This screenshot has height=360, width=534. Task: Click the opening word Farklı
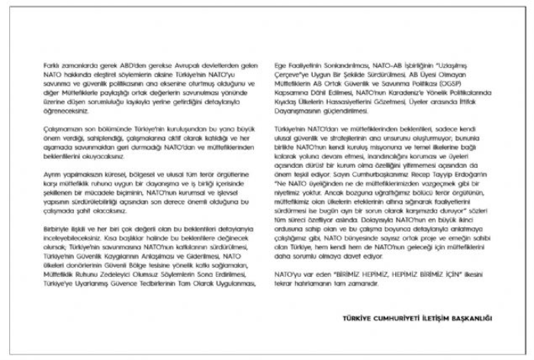point(51,68)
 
